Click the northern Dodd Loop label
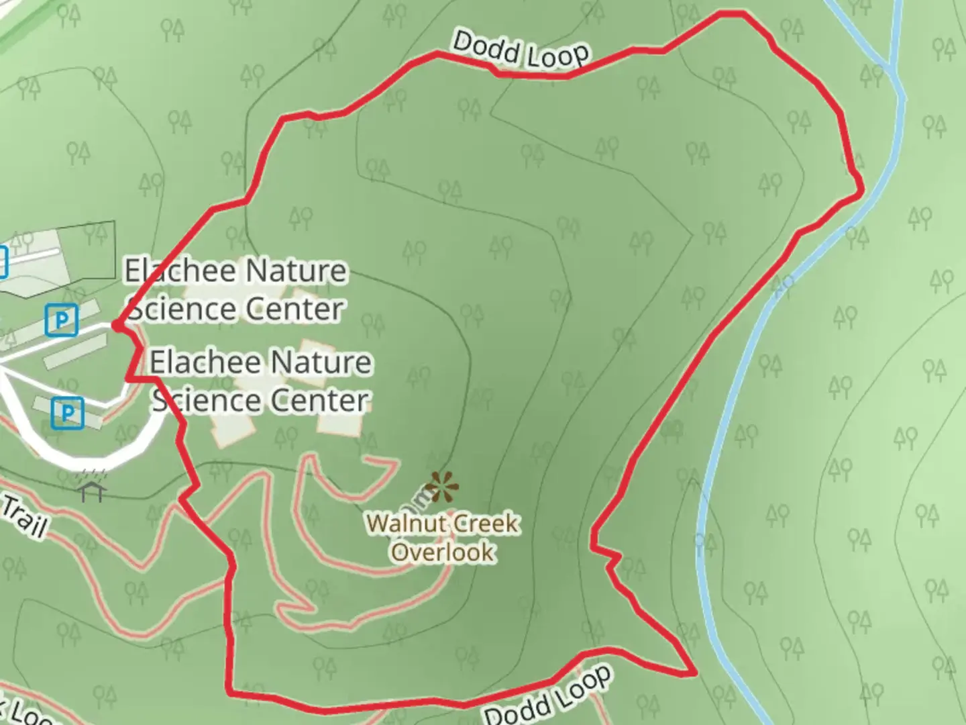521,50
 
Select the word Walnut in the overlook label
396,523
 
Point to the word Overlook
443,552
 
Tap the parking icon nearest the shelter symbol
67,412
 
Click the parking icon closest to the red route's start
62,320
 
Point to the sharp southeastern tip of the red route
695,672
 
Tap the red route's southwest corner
229,691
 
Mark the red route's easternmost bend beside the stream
861,193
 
